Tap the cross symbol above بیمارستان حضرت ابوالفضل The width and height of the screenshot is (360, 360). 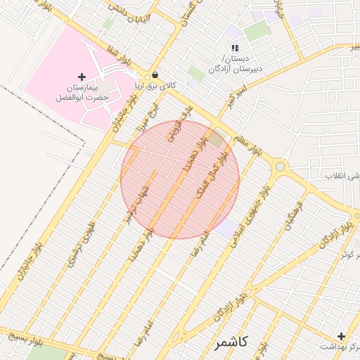82,76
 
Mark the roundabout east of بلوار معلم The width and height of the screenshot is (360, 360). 281,167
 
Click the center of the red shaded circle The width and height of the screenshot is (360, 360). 180,179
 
